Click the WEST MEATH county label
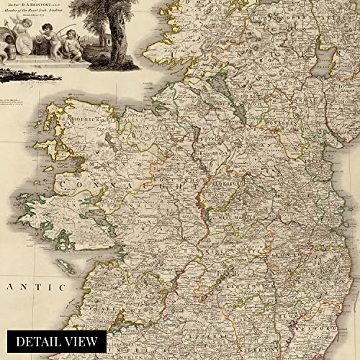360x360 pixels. (x=245, y=215)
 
